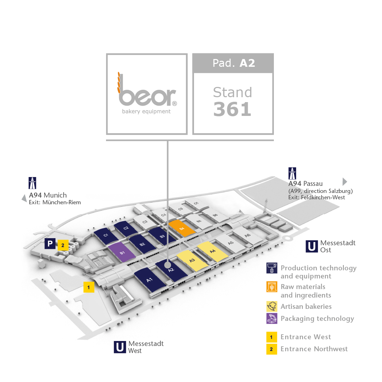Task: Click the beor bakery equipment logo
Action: tap(147, 94)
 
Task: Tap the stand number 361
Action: tap(232, 109)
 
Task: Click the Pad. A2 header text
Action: tap(234, 63)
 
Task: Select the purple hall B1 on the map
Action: tap(122, 252)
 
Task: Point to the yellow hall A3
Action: tap(192, 260)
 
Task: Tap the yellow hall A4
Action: tap(213, 251)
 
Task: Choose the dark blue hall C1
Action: tap(106, 235)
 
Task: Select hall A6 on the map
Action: tap(247, 235)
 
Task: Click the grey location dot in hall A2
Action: tap(168, 265)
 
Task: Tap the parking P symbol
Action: tap(50, 243)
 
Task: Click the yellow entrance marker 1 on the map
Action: tap(89, 287)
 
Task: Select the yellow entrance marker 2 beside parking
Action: tap(63, 245)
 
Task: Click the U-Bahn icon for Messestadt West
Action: tap(120, 347)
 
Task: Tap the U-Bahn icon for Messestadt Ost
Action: tap(312, 246)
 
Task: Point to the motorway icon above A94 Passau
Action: tap(292, 174)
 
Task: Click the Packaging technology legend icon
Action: tap(272, 318)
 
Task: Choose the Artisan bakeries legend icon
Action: tap(272, 306)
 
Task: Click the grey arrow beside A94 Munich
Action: tap(24, 198)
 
